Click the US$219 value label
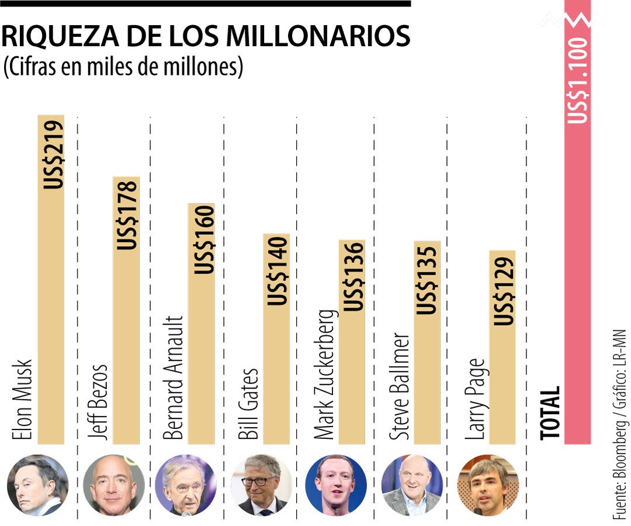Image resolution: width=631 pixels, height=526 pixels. [53, 154]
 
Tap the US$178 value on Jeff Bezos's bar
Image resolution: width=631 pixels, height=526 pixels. [127, 214]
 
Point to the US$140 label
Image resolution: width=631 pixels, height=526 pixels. [278, 269]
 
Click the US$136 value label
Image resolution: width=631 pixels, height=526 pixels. [353, 276]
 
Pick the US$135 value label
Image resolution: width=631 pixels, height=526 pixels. [428, 278]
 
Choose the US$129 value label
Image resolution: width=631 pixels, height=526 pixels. [503, 288]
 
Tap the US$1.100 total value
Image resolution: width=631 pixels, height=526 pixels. [578, 81]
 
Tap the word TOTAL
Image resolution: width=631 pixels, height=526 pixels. [549, 413]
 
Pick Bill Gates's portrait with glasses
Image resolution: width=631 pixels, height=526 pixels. [261, 485]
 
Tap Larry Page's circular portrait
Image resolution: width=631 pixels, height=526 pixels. [487, 485]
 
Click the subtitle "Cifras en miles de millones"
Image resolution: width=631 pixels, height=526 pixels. [123, 67]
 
